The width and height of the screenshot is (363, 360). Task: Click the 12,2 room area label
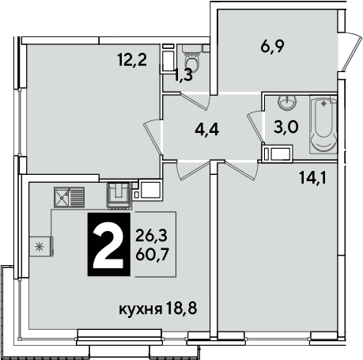(x=132, y=60)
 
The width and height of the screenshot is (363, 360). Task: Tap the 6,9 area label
(x=272, y=47)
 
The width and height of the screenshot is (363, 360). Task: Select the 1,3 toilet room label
(x=183, y=76)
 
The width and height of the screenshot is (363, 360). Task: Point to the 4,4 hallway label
(x=207, y=130)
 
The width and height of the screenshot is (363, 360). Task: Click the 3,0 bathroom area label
(x=286, y=127)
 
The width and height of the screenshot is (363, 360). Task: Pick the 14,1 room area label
(x=313, y=178)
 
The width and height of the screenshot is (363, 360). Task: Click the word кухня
(x=141, y=309)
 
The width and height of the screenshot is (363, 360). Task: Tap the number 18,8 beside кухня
(x=182, y=309)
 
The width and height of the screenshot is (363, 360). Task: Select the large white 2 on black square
(x=108, y=244)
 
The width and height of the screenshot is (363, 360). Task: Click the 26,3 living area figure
(x=152, y=236)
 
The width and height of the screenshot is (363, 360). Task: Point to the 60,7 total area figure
(x=152, y=255)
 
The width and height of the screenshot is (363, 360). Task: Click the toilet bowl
(x=192, y=59)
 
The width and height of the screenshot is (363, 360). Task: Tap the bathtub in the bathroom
(x=323, y=124)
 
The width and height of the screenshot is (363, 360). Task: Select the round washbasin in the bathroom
(x=287, y=102)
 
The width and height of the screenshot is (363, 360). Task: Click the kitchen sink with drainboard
(x=69, y=197)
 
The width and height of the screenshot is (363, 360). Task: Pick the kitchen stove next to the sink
(x=119, y=195)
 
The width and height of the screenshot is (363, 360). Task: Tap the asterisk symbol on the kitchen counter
(x=40, y=247)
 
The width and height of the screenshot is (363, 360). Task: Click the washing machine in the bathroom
(x=278, y=153)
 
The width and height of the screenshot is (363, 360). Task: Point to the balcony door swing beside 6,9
(x=350, y=51)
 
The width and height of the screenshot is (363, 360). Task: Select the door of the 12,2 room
(x=153, y=136)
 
